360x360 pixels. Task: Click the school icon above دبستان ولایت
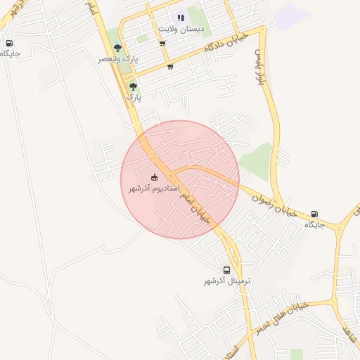[x=181, y=18]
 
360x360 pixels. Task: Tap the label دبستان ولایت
[x=181, y=29]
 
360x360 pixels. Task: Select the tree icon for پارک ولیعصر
[x=117, y=49]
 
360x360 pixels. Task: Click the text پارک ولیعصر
[x=118, y=60]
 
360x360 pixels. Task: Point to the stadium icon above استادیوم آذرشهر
[x=155, y=177]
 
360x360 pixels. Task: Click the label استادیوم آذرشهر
[x=155, y=189]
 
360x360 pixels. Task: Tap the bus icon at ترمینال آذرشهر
[x=226, y=270]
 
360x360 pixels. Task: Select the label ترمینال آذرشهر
[x=227, y=281]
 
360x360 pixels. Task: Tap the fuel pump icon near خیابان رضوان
[x=314, y=214]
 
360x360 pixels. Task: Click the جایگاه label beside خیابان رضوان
[x=314, y=225]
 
